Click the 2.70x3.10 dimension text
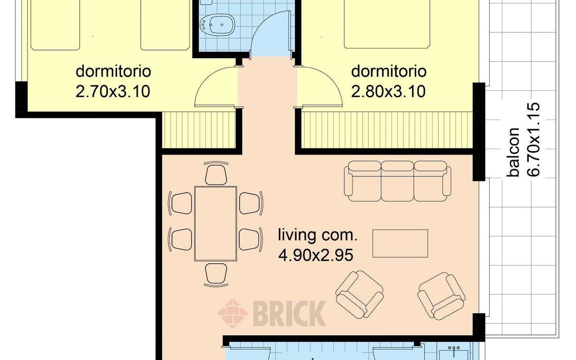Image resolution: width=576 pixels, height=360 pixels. pos(112,91)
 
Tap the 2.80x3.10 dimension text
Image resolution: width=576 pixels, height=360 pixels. pos(388,91)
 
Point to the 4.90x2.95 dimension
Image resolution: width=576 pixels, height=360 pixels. pos(315,255)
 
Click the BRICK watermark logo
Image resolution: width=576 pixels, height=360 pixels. pos(272,313)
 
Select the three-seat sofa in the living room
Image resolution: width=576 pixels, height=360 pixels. pos(398,181)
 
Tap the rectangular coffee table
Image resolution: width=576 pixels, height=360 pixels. pos(400,243)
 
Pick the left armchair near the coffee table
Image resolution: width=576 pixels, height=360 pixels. pos(359,295)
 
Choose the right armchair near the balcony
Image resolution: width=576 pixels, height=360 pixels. pos(441,295)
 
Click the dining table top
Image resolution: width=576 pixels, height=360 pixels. pos(216,224)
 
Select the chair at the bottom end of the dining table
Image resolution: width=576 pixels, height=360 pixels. pos(216,274)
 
